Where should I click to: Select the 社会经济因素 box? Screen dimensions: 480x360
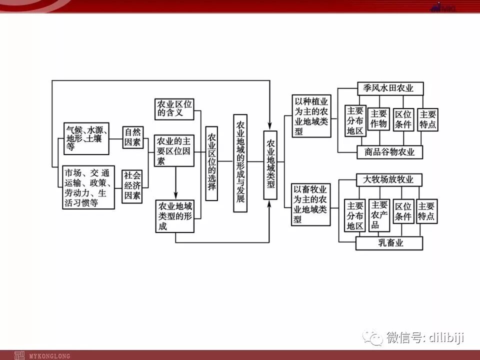pyautogui.click(x=133, y=185)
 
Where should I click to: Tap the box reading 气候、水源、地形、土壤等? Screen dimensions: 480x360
pyautogui.click(x=86, y=138)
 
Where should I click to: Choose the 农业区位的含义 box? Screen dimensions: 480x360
pyautogui.click(x=174, y=108)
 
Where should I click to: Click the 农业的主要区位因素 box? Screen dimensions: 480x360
pyautogui.click(x=174, y=150)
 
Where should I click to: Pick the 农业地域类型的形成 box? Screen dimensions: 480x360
pyautogui.click(x=174, y=215)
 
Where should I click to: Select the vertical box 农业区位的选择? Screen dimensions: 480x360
pyautogui.click(x=211, y=163)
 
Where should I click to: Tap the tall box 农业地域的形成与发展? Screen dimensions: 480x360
pyautogui.click(x=240, y=163)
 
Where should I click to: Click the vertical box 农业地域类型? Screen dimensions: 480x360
pyautogui.click(x=270, y=165)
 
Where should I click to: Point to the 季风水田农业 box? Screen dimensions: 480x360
pyautogui.click(x=390, y=88)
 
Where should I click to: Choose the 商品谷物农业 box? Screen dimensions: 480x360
pyautogui.click(x=390, y=152)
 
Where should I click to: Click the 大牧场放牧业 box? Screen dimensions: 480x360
pyautogui.click(x=388, y=179)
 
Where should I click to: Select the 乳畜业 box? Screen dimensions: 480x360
pyautogui.click(x=389, y=243)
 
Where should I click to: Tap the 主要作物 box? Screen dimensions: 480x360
pyautogui.click(x=379, y=119)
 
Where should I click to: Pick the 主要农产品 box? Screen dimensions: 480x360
pyautogui.click(x=379, y=215)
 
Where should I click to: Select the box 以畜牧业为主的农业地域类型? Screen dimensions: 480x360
pyautogui.click(x=310, y=204)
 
